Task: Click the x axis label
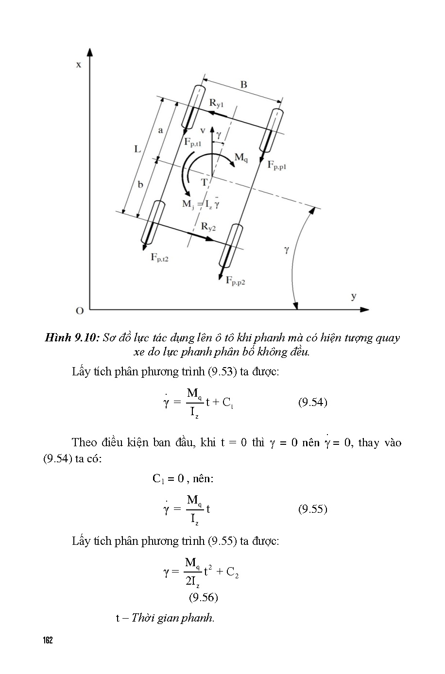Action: [x=79, y=64]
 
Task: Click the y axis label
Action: [x=354, y=296]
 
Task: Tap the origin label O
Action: [x=80, y=310]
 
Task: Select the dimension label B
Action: [x=243, y=84]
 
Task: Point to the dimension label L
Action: [x=137, y=149]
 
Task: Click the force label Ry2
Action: [x=208, y=226]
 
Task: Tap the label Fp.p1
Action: [x=277, y=165]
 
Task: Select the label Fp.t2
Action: [x=159, y=257]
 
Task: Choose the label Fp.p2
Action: [x=235, y=280]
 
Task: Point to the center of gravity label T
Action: [x=205, y=182]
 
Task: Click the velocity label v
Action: [x=203, y=130]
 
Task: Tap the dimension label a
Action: [x=160, y=130]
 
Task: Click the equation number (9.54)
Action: [x=312, y=402]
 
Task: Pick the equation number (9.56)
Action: [x=203, y=597]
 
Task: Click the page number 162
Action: [x=47, y=640]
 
